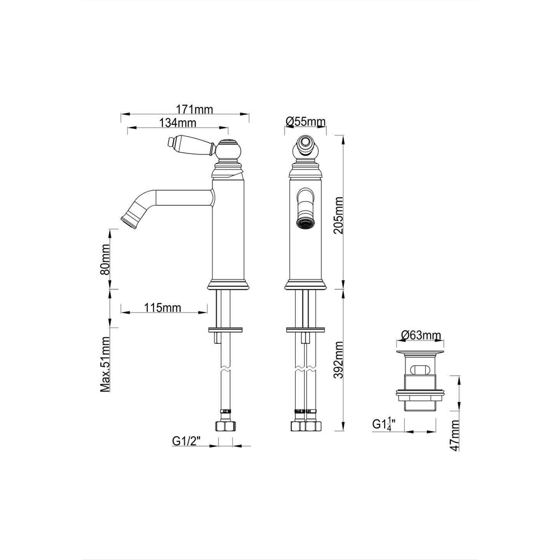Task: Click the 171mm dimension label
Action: click(195, 109)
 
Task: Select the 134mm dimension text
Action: click(178, 123)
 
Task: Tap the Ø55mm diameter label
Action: click(306, 122)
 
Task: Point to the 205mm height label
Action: click(338, 215)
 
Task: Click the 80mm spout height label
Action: click(105, 259)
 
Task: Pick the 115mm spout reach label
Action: click(162, 307)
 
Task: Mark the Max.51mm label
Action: click(105, 365)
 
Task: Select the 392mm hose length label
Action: click(338, 360)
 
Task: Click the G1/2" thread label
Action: click(185, 441)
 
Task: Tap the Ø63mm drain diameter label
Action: click(421, 335)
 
